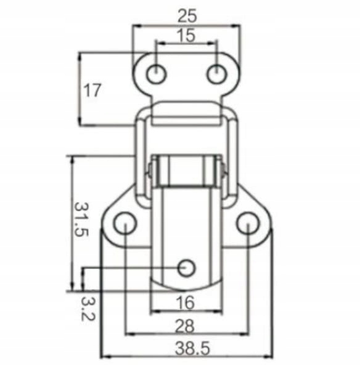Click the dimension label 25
(x=187, y=16)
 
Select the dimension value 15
(x=186, y=36)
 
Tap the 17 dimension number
(x=92, y=90)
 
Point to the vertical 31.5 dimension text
(x=81, y=219)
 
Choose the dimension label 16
(x=185, y=303)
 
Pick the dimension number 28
(x=185, y=326)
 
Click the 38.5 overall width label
(x=193, y=348)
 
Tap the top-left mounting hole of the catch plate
(x=157, y=74)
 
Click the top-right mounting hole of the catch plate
(x=216, y=74)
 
